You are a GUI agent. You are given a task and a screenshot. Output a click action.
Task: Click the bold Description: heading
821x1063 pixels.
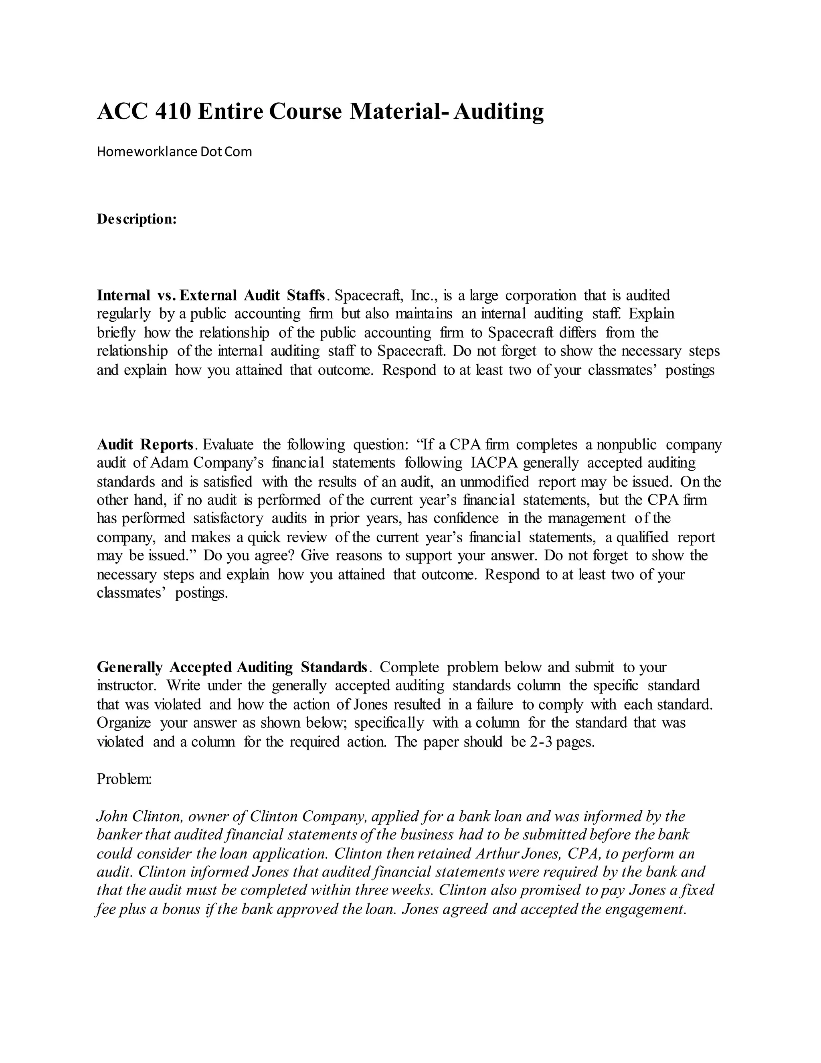tap(137, 219)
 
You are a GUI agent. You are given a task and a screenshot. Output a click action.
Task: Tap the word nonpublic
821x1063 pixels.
tap(627, 444)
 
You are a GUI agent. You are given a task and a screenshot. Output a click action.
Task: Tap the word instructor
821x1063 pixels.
tap(126, 686)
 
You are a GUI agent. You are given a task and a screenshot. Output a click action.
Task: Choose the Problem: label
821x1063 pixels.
tap(125, 779)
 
